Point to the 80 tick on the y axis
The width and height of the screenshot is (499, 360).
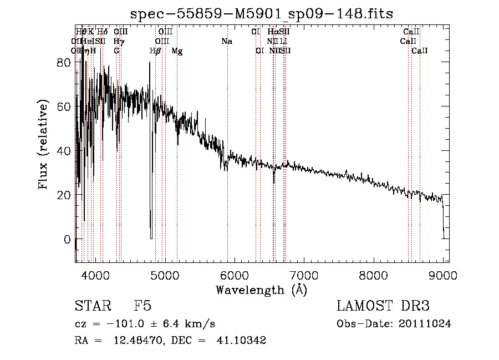click(76, 62)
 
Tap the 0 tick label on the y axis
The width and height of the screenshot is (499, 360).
click(67, 240)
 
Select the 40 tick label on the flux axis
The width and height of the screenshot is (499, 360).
click(63, 151)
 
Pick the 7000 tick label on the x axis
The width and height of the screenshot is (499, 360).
click(303, 275)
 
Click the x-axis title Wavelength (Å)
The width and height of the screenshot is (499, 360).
click(261, 290)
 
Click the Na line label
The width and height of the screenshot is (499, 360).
click(226, 42)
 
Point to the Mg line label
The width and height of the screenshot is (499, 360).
click(177, 51)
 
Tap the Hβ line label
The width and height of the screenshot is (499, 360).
click(155, 51)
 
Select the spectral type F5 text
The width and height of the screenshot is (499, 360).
click(142, 306)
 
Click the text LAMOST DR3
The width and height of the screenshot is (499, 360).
click(383, 306)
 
